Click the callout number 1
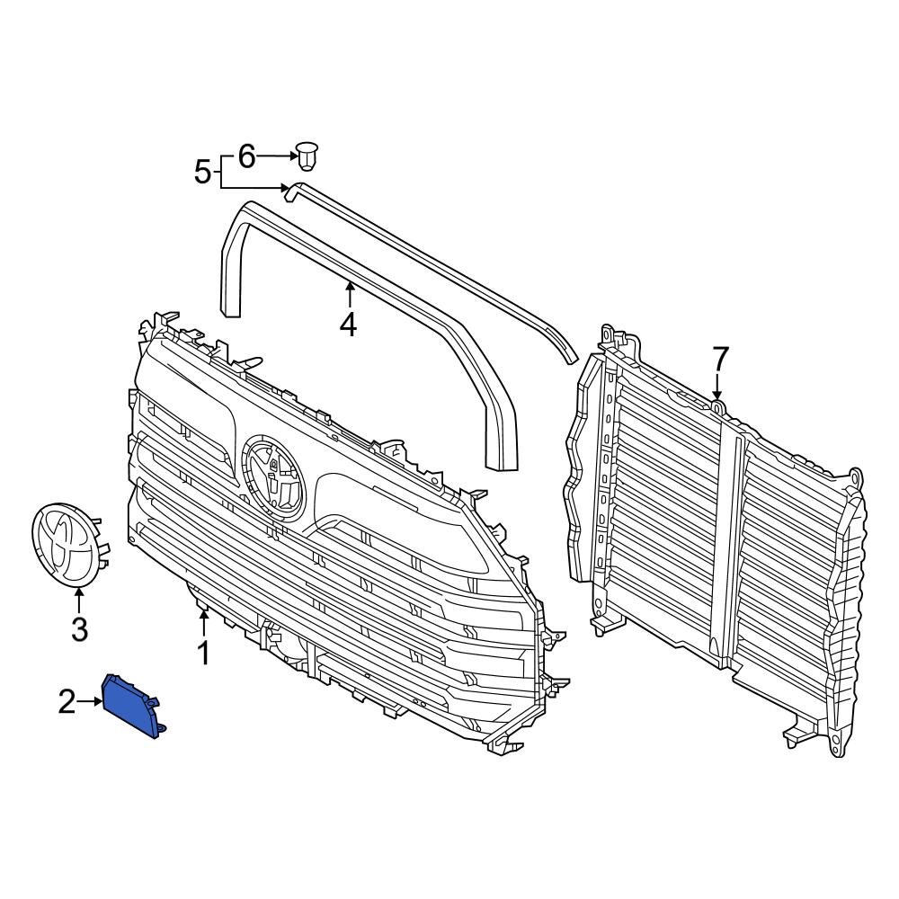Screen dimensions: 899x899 tap(204, 654)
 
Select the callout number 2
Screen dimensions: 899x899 tap(67, 702)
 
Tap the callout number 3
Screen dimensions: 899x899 tap(79, 629)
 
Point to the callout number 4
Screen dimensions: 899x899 tap(348, 325)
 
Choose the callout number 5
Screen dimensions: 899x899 tap(203, 171)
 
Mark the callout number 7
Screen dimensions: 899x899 tap(719, 360)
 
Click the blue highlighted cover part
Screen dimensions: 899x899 tap(132, 707)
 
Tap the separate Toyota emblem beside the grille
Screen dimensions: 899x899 tap(67, 544)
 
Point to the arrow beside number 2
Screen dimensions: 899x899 tap(93, 702)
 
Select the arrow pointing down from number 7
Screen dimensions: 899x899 tap(717, 387)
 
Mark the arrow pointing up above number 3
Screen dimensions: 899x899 tap(79, 598)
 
